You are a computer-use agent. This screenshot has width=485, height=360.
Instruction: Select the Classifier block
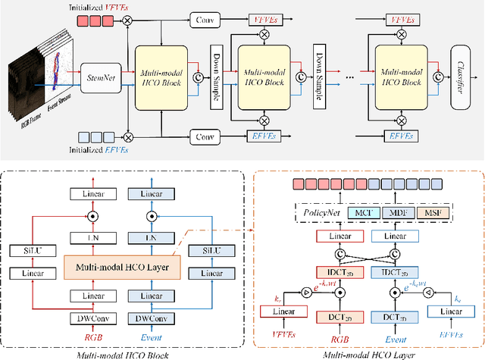459,76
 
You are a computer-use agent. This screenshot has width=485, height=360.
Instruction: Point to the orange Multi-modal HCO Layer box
117,266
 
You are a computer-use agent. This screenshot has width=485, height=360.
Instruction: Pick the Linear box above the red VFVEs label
280,312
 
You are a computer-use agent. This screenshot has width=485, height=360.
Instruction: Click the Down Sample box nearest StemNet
214,76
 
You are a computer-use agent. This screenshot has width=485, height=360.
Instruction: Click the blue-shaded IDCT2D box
390,271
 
